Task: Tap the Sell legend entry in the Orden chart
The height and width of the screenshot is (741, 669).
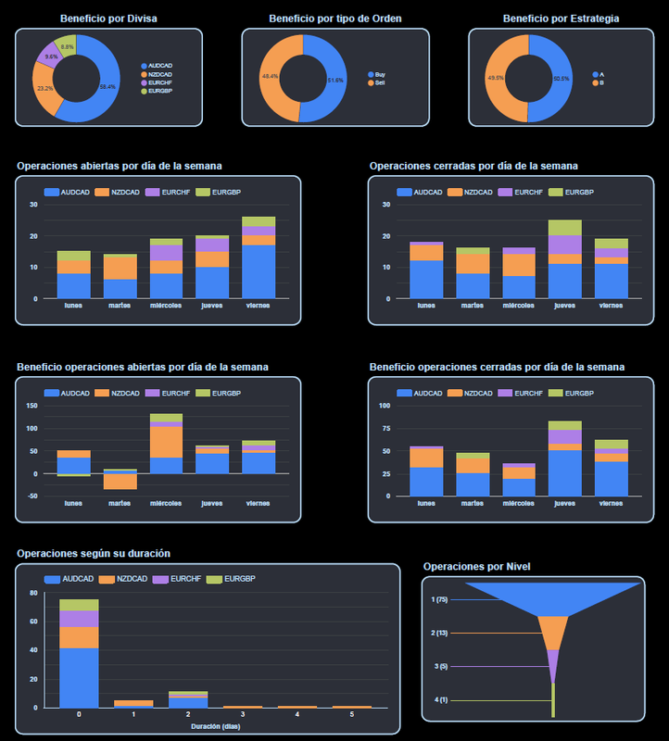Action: click(380, 83)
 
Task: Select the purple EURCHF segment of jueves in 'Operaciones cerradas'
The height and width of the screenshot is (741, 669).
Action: click(564, 244)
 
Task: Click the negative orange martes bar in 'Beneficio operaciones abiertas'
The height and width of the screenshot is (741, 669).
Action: click(120, 482)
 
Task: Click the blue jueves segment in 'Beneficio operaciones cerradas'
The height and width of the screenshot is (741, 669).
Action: click(564, 472)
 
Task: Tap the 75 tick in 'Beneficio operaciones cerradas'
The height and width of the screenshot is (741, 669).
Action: click(385, 428)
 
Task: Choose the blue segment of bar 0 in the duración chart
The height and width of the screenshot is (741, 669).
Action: click(79, 677)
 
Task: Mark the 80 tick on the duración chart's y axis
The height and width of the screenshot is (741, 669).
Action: click(34, 593)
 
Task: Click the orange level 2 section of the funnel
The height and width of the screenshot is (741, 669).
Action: click(553, 633)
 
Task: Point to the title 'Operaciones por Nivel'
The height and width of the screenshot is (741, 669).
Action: click(476, 566)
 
